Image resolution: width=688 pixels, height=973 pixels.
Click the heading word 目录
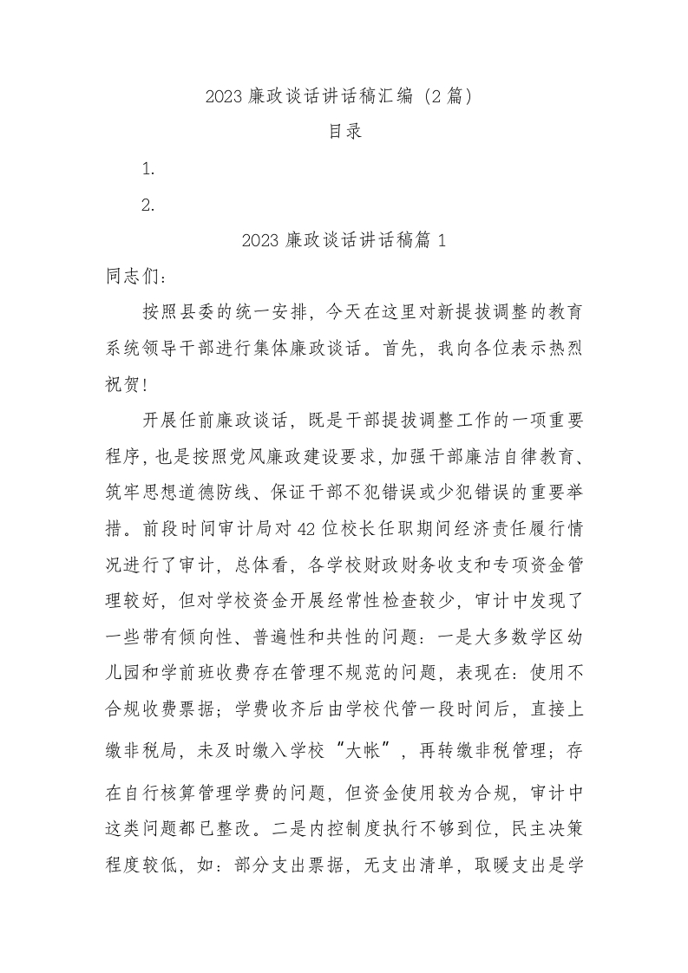click(x=344, y=132)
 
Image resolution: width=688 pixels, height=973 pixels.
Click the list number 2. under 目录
click(x=148, y=206)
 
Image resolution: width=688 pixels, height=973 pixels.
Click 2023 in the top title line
click(x=225, y=96)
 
